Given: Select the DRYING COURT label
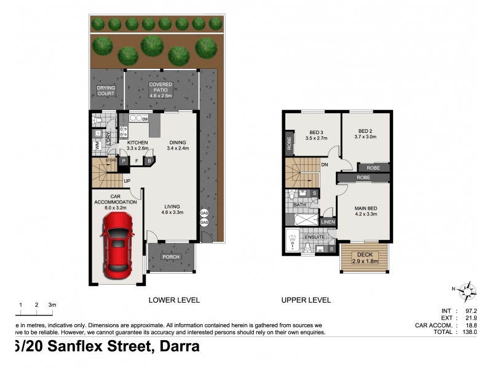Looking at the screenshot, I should [x=106, y=91].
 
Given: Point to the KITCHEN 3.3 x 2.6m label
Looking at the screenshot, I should [x=138, y=145].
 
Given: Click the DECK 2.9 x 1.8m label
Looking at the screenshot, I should [x=365, y=258].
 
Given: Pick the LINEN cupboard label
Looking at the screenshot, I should [x=328, y=222].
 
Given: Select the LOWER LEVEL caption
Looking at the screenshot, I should [x=174, y=300].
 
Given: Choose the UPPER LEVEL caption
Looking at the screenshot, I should [x=306, y=300].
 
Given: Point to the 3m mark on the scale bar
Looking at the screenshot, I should [x=52, y=304].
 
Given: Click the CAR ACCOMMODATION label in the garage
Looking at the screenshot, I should [x=111, y=205].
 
